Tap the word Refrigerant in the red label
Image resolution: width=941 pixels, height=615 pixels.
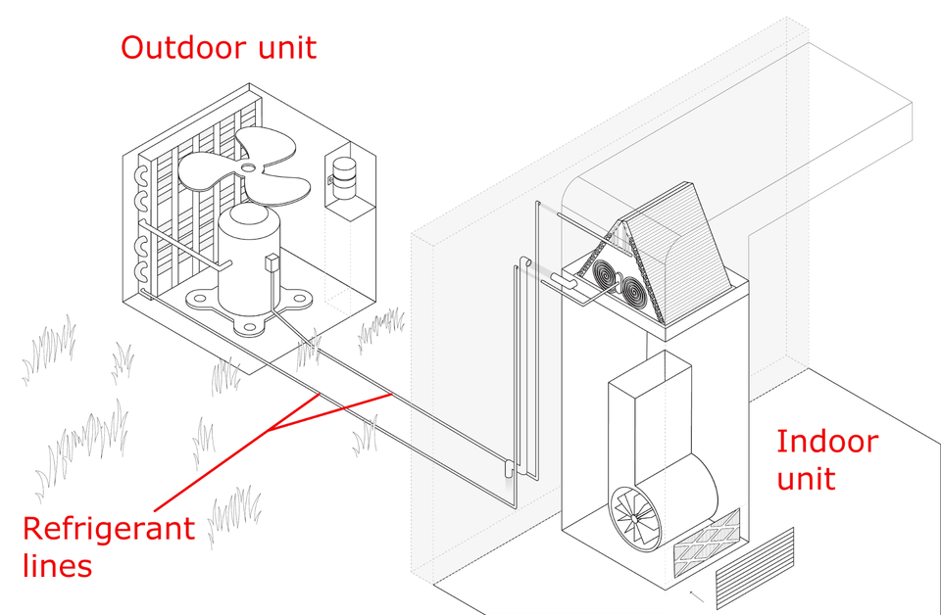click(x=109, y=528)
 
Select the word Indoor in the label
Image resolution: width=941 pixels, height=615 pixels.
click(x=827, y=441)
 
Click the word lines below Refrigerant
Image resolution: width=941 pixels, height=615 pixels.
click(x=57, y=564)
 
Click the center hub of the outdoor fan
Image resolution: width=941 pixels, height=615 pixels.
click(x=248, y=168)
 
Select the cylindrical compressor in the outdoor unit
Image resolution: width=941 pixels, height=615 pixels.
click(x=248, y=259)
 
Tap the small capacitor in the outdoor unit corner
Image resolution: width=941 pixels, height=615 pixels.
click(x=344, y=177)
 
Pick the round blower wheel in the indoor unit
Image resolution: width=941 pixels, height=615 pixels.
click(x=636, y=517)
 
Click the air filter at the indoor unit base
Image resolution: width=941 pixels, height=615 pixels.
click(x=707, y=543)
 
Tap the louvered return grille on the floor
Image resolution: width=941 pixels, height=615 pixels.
click(x=755, y=567)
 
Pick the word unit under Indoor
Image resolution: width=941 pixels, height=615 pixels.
click(x=806, y=478)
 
